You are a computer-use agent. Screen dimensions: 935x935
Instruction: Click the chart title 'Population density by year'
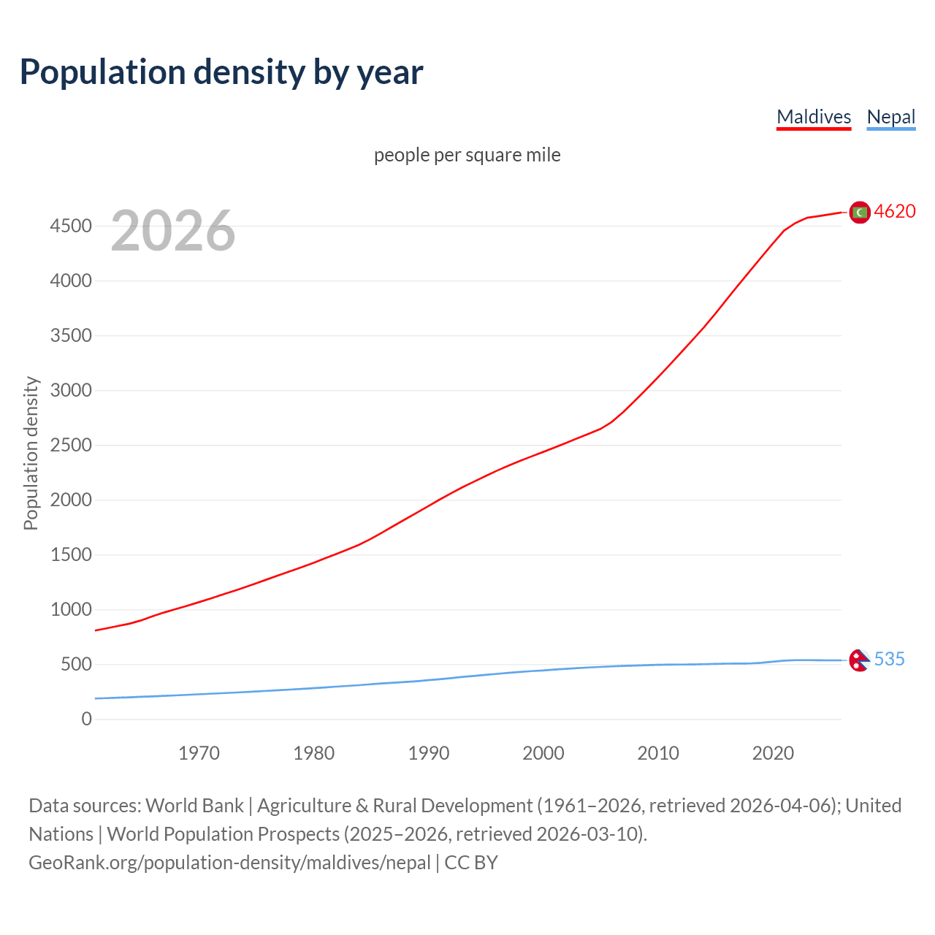(221, 72)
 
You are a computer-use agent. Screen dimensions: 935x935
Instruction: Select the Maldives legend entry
(814, 117)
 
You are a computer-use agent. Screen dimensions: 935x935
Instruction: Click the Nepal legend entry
(890, 117)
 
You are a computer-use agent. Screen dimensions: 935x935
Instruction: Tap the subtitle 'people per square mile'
(467, 155)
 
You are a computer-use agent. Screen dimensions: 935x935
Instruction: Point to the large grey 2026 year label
(173, 231)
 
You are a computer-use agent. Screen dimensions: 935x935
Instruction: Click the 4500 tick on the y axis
(71, 226)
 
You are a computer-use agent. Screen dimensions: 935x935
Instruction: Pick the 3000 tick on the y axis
(71, 391)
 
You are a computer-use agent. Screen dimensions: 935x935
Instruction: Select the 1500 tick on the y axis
(71, 555)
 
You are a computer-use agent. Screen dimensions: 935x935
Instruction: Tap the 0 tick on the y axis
(87, 720)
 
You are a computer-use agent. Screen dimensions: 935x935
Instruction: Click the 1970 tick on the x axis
(199, 753)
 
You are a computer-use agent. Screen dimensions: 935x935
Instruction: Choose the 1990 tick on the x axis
(429, 753)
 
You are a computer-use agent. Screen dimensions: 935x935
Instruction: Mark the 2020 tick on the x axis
(773, 753)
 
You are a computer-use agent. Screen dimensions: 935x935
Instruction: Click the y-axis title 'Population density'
(31, 453)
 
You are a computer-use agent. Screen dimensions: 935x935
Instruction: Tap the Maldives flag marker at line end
(860, 212)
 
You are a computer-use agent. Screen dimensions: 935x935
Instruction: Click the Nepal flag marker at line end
(859, 660)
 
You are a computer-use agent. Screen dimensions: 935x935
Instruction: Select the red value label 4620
(895, 212)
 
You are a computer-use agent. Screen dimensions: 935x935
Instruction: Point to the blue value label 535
(889, 660)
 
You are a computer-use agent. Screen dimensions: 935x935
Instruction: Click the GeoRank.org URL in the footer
(229, 863)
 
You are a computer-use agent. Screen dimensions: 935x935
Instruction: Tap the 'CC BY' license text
(471, 863)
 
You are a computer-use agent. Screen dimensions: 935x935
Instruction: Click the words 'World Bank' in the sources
(194, 806)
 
